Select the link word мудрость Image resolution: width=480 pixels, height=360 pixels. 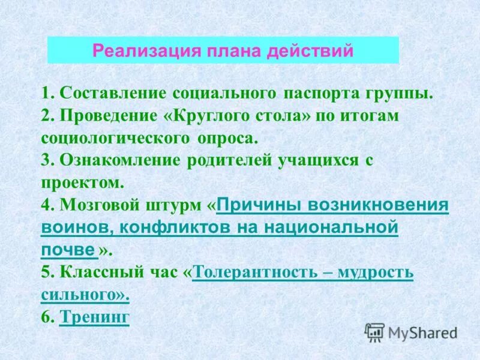tap(376, 272)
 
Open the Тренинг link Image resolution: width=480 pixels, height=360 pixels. tap(95, 317)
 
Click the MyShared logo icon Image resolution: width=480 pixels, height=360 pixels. tap(375, 332)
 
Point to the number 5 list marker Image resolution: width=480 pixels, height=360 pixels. tap(46, 272)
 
